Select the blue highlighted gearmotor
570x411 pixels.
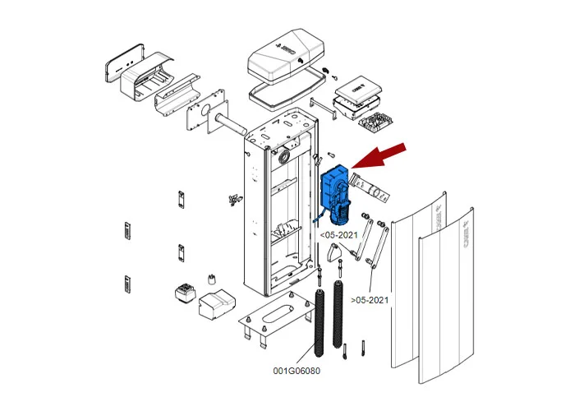point(335,193)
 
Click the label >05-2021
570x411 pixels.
point(370,300)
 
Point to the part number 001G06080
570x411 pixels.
point(296,371)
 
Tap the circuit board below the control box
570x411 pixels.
point(378,123)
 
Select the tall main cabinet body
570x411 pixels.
point(279,205)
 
